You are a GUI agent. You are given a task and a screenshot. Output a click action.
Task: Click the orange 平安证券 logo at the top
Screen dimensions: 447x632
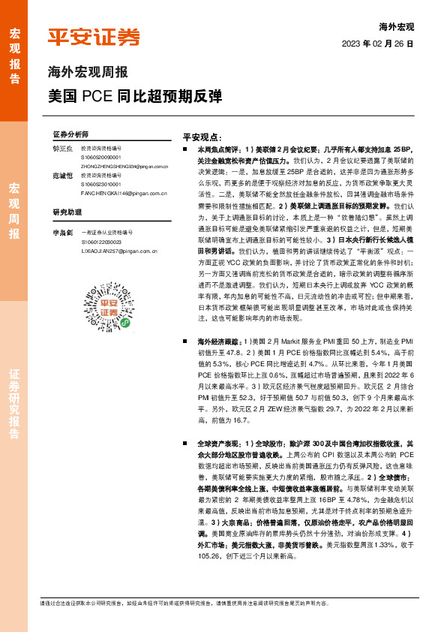(x=94, y=38)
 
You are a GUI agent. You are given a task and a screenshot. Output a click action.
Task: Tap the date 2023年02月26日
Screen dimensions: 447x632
(x=383, y=44)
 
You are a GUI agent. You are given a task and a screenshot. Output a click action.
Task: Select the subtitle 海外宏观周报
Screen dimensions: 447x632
(x=88, y=73)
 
